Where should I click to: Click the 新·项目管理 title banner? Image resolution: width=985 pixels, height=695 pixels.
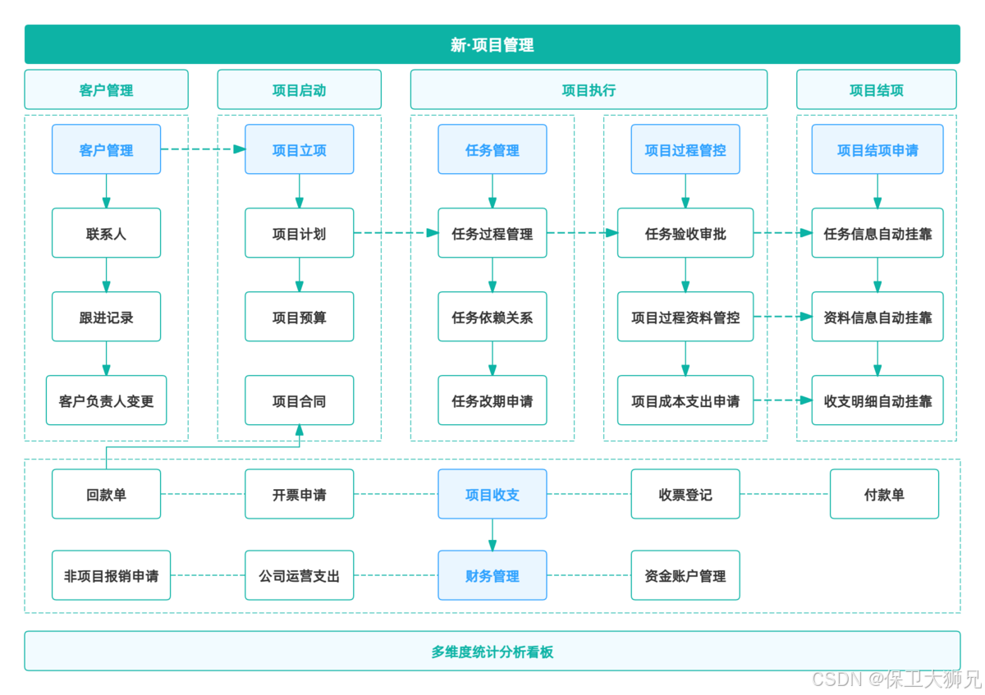[492, 44]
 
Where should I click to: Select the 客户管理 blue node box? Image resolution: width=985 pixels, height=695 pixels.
[106, 149]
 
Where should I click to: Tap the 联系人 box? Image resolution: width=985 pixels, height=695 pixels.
[106, 233]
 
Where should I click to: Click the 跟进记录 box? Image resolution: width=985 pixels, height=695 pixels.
[106, 317]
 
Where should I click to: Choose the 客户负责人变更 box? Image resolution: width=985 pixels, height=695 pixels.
[106, 400]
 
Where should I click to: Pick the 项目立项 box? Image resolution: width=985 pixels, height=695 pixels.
[299, 149]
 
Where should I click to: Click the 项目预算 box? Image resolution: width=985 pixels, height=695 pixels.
[299, 317]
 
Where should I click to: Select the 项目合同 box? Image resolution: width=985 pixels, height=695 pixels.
[299, 400]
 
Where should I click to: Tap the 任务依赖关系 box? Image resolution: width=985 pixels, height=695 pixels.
[492, 317]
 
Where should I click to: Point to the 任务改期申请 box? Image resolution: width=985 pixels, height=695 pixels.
[492, 400]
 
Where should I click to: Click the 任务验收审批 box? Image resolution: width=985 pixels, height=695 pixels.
[685, 233]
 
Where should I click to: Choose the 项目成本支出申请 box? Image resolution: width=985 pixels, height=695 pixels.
[685, 400]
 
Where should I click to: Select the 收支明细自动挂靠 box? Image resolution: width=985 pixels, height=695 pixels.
[877, 400]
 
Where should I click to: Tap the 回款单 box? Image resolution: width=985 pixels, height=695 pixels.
[106, 494]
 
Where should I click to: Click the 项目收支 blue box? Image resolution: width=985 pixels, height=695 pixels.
[492, 494]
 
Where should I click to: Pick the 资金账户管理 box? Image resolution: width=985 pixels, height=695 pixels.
[685, 575]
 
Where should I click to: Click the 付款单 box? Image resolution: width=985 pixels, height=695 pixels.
[883, 494]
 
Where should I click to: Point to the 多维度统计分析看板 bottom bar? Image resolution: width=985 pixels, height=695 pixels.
[492, 652]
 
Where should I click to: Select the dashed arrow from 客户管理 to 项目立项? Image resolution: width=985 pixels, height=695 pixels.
[203, 149]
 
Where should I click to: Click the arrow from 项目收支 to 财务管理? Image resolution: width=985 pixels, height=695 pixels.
[492, 534]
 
